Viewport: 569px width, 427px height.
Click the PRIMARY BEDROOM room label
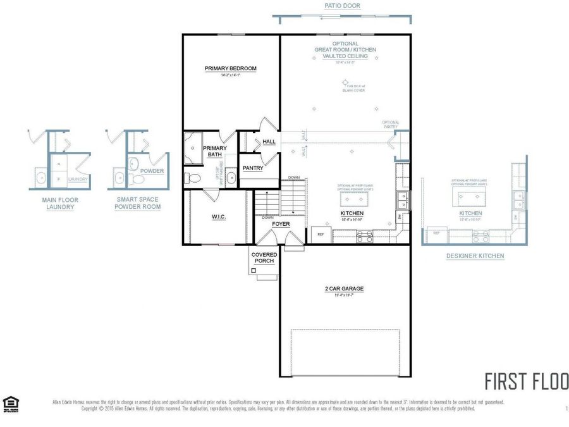[x=230, y=68]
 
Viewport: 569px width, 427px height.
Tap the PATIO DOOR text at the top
[x=343, y=6]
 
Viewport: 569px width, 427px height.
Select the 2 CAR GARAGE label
[x=344, y=289]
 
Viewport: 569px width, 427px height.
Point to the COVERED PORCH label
[x=264, y=257]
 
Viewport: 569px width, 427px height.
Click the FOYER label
[x=281, y=224]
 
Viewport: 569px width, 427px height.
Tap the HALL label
[x=269, y=142]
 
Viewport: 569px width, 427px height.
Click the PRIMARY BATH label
[x=214, y=151]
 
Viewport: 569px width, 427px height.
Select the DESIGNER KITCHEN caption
[x=475, y=256]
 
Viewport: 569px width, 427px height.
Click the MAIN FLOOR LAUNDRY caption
[x=59, y=203]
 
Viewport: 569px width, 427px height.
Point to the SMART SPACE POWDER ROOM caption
[x=137, y=203]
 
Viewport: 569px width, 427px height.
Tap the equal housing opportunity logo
[x=10, y=403]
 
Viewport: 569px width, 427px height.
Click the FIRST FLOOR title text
[x=526, y=381]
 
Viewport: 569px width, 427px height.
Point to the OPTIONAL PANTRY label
[x=390, y=125]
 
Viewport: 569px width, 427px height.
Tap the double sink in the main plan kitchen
[x=402, y=201]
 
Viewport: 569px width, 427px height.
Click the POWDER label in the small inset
[x=152, y=171]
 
